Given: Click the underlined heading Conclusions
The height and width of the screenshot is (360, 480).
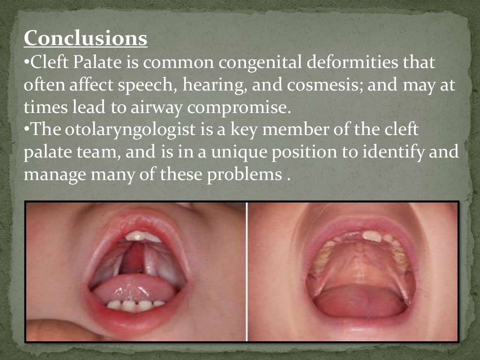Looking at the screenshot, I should pyautogui.click(x=85, y=38).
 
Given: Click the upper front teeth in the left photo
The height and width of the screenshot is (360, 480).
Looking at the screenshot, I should pyautogui.click(x=142, y=236).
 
